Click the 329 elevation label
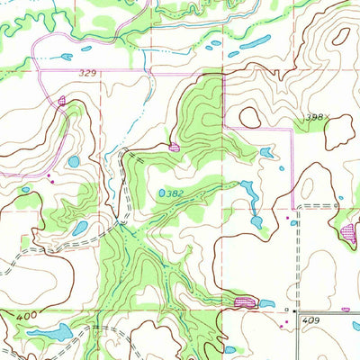coord(87,69)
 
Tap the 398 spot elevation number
coord(312,117)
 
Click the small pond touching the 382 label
coord(162,193)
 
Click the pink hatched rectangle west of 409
coord(244,302)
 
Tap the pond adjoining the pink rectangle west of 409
coord(266,304)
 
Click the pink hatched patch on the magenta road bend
coord(62,100)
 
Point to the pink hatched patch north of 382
coord(174,146)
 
